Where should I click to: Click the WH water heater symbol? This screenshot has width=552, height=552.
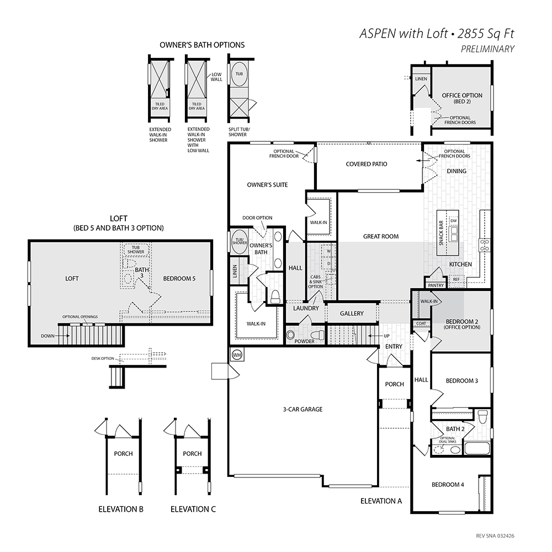(x=237, y=355)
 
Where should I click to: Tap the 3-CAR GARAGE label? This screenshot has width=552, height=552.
(x=302, y=410)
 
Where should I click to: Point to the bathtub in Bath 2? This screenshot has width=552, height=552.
(x=477, y=448)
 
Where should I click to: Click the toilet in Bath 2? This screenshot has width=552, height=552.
(x=484, y=416)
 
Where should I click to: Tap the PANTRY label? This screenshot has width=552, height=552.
(x=436, y=285)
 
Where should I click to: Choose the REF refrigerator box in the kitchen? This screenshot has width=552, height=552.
(x=457, y=279)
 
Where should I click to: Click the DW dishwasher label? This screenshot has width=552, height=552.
(x=453, y=221)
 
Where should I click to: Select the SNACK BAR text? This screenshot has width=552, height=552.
(x=441, y=233)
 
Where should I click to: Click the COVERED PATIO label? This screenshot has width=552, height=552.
(x=367, y=164)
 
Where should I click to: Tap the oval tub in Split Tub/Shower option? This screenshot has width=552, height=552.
(x=239, y=74)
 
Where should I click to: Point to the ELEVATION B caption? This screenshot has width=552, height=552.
(x=121, y=509)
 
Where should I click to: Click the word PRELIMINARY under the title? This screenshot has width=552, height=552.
(x=487, y=49)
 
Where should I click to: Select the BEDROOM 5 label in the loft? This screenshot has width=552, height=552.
(x=179, y=278)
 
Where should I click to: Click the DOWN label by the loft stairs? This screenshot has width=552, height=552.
(x=47, y=336)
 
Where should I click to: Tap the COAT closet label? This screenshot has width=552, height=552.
(x=421, y=323)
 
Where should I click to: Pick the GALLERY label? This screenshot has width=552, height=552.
(x=352, y=314)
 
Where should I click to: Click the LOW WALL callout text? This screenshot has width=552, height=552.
(x=216, y=77)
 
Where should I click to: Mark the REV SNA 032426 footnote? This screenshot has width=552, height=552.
(x=495, y=536)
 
